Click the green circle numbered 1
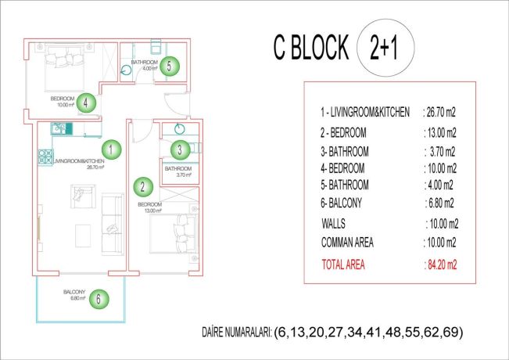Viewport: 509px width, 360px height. (112, 148)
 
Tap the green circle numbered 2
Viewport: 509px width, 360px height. (142, 186)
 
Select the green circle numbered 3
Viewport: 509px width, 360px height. (179, 149)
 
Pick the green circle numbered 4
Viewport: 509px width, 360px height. (86, 101)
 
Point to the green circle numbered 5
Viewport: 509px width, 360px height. (170, 66)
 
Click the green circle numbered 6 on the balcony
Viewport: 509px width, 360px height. (98, 298)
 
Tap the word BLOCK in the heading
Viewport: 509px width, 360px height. (321, 49)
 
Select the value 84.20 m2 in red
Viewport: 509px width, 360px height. (439, 265)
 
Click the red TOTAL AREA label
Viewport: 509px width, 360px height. (343, 265)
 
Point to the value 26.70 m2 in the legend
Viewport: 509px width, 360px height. (440, 113)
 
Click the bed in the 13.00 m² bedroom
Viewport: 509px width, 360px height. (174, 232)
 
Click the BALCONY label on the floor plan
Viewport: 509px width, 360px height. (75, 293)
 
